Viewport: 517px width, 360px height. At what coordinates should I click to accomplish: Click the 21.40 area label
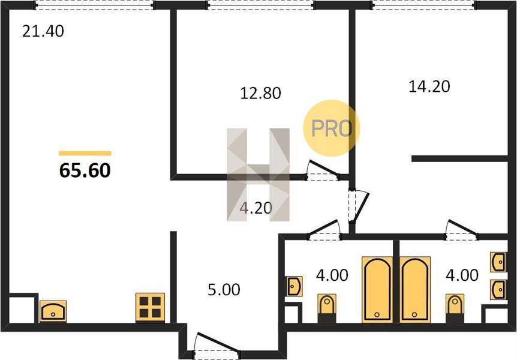43,31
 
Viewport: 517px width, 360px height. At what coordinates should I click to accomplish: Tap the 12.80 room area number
260,94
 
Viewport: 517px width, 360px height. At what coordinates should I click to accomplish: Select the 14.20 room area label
429,86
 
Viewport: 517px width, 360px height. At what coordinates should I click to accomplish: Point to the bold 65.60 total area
85,170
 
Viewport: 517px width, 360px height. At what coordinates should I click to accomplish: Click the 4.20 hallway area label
256,208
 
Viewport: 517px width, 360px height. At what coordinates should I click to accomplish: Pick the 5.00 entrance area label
224,290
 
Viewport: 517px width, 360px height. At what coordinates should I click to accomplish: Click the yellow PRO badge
331,128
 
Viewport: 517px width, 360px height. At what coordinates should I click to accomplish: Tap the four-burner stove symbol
150,307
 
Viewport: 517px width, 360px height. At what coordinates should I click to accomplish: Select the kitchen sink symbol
53,311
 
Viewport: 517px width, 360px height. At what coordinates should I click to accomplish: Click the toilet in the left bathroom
327,308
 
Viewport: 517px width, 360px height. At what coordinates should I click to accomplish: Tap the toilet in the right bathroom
455,308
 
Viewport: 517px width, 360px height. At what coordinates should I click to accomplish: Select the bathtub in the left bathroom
377,289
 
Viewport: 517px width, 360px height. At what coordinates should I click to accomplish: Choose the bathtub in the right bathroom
415,289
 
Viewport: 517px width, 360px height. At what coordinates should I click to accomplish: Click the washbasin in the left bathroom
293,286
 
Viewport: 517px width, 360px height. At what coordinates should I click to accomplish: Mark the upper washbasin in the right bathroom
498,262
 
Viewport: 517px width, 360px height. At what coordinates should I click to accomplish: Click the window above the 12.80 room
260,5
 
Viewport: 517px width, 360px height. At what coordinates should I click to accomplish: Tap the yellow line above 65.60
85,153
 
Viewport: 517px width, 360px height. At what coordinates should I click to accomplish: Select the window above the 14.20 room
424,5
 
